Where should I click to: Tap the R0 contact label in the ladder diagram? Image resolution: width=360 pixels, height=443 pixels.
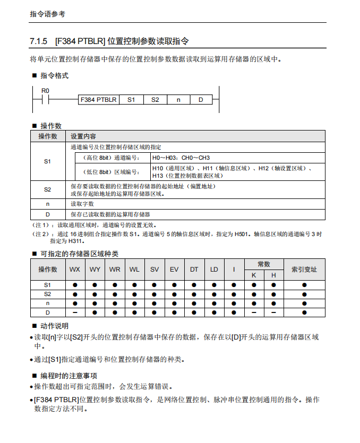point(45,90)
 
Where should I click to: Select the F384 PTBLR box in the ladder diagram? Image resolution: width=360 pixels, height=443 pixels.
point(99,100)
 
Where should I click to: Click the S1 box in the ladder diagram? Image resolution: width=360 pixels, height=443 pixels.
point(131,100)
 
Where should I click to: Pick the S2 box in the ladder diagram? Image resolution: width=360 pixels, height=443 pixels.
point(155,100)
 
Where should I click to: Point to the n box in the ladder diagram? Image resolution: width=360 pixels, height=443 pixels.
point(178,100)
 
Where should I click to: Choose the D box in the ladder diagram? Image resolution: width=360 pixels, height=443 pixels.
point(201,100)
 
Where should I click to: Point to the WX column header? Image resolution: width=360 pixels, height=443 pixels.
point(75,270)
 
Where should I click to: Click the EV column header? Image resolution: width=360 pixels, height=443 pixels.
point(174,270)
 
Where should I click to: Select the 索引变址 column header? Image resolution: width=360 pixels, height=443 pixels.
point(304,270)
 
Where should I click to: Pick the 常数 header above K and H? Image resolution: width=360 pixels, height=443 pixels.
point(264,264)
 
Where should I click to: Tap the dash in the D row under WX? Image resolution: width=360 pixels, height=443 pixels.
point(75,312)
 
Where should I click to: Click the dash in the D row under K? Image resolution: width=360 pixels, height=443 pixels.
point(254,312)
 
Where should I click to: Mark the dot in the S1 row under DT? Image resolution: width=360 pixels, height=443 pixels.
point(194,285)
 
